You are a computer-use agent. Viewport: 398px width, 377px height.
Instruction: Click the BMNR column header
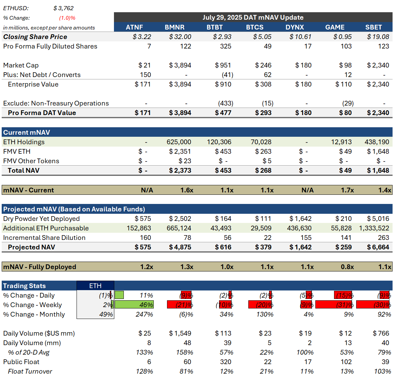point(175,27)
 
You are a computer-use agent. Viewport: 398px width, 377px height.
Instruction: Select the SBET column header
point(374,27)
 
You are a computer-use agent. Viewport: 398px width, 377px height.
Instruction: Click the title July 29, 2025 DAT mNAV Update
point(253,17)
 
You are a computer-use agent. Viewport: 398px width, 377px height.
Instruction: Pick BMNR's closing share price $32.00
point(180,37)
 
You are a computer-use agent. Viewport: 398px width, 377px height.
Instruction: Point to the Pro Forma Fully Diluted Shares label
point(50,46)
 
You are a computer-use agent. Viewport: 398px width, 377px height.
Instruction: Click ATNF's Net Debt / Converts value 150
point(145,75)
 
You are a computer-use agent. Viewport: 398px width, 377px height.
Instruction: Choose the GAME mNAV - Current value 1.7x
point(347,190)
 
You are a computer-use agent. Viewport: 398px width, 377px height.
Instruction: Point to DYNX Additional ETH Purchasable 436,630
point(299,228)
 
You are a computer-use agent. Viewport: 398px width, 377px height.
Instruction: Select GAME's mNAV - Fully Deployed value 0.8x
point(347,267)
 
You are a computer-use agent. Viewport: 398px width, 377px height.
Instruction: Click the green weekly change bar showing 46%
point(134,305)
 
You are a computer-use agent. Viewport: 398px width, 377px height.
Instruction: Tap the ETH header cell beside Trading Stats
point(95,286)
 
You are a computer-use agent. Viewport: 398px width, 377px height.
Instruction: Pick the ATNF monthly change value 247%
point(144,314)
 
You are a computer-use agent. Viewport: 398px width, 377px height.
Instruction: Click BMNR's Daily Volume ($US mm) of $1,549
point(180,333)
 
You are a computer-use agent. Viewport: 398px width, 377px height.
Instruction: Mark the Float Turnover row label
point(30,371)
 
